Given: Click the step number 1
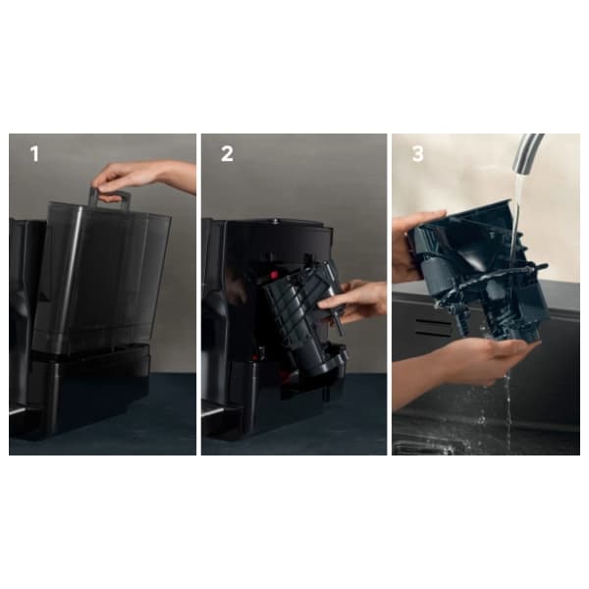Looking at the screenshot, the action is click(34, 154).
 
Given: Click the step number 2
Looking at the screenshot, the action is click(227, 154).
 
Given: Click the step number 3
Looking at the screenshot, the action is click(418, 154).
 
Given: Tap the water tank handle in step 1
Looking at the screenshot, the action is click(110, 199).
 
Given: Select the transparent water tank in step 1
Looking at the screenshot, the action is click(101, 278).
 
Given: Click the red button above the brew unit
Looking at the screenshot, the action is click(274, 275).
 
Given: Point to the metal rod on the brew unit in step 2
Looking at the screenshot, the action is click(336, 300).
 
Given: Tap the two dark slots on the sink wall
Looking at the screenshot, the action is click(433, 328).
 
